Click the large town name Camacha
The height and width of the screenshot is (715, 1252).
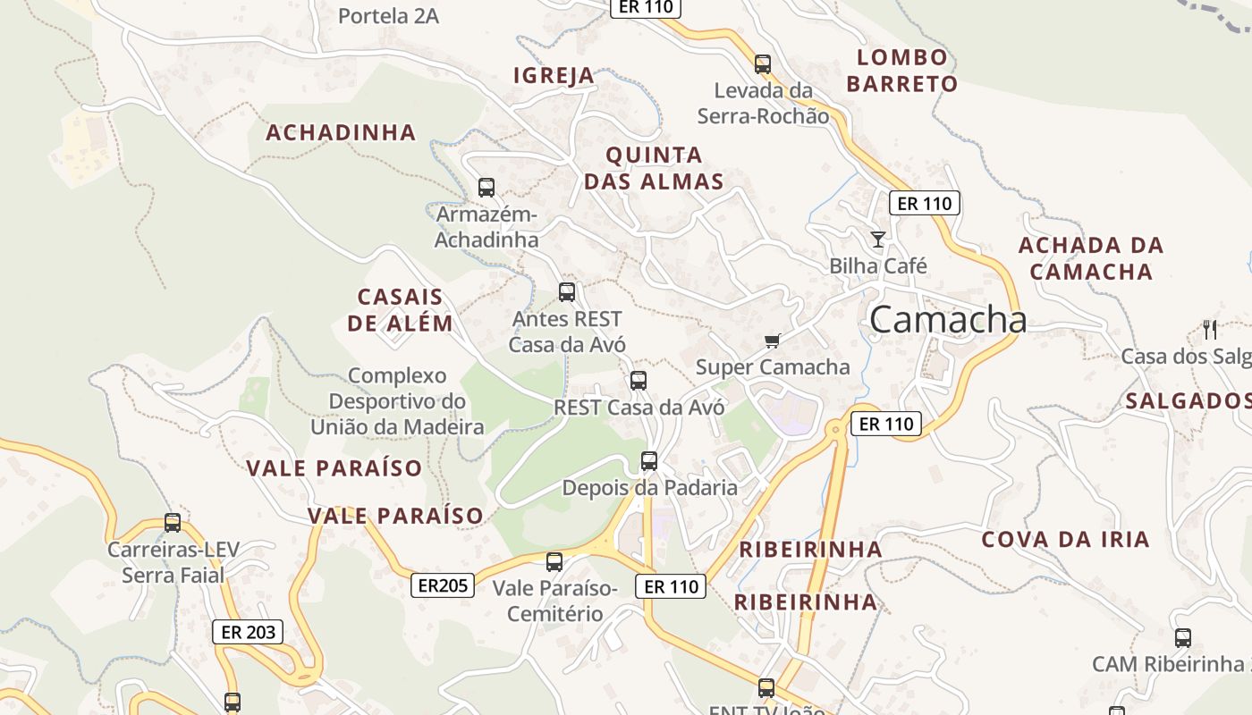(x=947, y=319)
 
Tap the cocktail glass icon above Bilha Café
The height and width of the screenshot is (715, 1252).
(x=878, y=239)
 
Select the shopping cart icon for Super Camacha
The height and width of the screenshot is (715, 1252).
(x=773, y=341)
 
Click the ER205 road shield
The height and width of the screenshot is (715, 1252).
(x=443, y=585)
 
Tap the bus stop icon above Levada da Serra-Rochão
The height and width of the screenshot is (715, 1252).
(x=762, y=64)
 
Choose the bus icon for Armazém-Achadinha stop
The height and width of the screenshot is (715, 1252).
(x=486, y=188)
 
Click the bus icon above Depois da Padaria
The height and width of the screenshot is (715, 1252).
(x=649, y=461)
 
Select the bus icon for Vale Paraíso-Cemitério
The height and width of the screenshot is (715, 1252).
(x=554, y=562)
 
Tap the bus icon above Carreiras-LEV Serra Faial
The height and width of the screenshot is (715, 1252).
(x=173, y=523)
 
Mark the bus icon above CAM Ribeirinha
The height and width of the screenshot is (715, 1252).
(x=1183, y=638)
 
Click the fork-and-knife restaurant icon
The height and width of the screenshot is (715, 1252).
(x=1210, y=329)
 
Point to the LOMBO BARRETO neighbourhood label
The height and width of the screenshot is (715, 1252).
(x=901, y=71)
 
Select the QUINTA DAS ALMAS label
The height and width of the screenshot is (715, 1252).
(x=654, y=168)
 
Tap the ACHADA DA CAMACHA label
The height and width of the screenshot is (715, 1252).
(x=1091, y=258)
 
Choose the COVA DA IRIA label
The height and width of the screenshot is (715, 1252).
(x=1065, y=540)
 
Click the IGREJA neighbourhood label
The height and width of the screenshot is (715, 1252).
(x=554, y=76)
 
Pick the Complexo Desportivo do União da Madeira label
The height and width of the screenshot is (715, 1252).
(x=397, y=401)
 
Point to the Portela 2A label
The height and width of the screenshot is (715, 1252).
(x=388, y=16)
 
